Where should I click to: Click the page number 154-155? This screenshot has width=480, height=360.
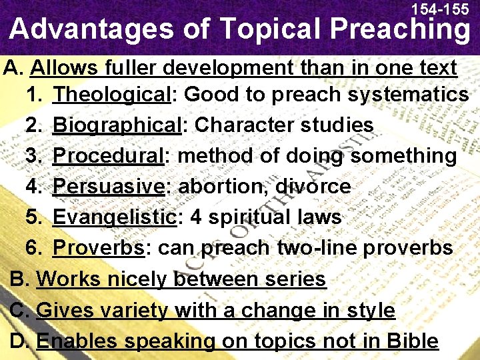point(440,9)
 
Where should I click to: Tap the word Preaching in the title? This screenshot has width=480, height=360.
point(399,29)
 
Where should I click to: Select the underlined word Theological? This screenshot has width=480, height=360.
point(112,95)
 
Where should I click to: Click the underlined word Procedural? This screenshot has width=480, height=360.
point(109,156)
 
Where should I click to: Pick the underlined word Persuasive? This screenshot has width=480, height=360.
point(109,187)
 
